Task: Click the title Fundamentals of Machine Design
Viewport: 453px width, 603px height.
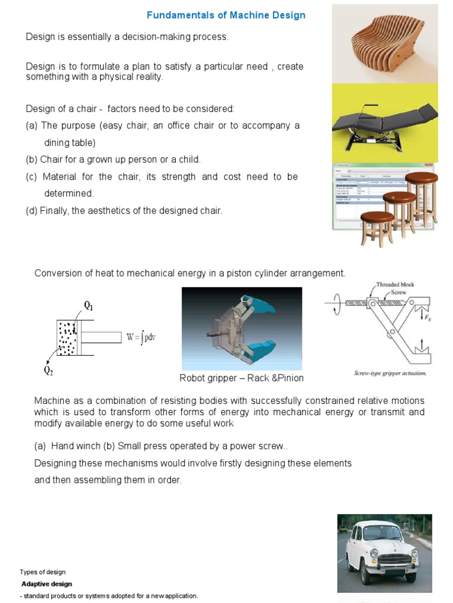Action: tap(226, 15)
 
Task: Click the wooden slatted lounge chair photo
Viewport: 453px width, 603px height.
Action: tap(384, 44)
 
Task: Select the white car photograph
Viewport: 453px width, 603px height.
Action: tap(383, 553)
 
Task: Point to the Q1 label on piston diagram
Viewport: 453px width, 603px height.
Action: tap(88, 306)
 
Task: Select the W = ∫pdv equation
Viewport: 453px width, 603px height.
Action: tap(140, 337)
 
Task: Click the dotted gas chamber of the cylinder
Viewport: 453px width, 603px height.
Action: tap(67, 338)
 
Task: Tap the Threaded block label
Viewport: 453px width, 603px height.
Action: tap(395, 284)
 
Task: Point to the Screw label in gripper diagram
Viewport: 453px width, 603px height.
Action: tap(399, 292)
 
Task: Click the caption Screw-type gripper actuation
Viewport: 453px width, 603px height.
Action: tap(390, 373)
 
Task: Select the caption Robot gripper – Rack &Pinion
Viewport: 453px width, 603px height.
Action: tap(241, 378)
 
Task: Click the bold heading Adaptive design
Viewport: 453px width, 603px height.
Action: tap(47, 584)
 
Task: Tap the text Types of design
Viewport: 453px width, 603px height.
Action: tap(42, 572)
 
